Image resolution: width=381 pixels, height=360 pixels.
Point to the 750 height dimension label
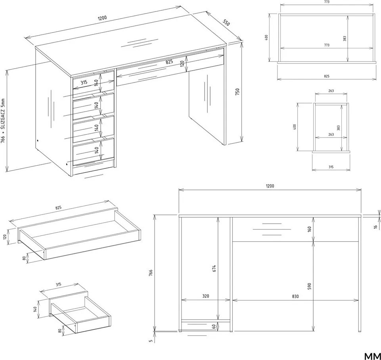click(237, 92)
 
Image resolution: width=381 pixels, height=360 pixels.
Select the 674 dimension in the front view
click(214, 268)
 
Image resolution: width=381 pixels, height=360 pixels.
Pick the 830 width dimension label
click(295, 296)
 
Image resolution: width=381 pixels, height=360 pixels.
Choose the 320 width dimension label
click(205, 296)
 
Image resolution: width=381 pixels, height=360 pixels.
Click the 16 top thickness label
click(376, 227)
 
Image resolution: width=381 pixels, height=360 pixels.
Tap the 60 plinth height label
click(214, 327)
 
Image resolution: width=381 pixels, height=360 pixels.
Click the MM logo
click(372, 356)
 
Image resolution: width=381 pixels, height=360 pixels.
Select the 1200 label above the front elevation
click(270, 186)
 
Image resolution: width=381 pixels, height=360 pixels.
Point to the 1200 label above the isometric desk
click(102, 19)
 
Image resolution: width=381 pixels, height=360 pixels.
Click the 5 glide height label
click(151, 341)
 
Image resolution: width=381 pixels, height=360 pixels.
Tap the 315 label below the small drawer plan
click(331, 167)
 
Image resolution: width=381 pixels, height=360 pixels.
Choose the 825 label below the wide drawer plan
click(327, 76)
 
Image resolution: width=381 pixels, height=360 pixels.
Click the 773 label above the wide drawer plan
click(327, 2)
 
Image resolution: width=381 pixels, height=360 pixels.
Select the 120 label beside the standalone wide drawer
click(4, 237)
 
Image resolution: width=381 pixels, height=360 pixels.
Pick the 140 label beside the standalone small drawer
click(35, 309)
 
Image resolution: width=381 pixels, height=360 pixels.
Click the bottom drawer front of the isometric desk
click(94, 151)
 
